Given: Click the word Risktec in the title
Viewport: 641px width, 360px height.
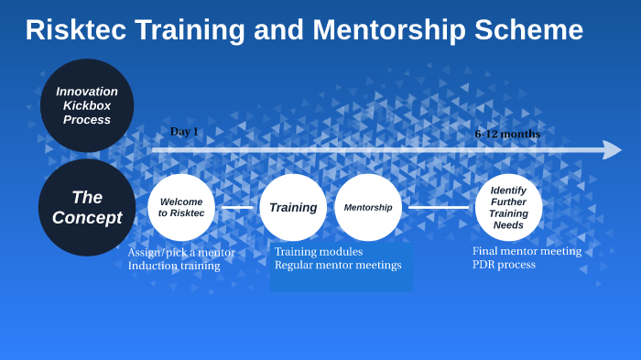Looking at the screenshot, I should coord(76,30).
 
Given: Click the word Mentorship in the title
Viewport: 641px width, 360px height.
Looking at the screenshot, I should coord(387,30).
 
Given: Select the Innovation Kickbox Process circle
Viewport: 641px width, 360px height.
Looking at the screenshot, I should coord(87,105).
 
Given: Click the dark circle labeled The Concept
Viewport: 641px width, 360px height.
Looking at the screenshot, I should coord(87,207).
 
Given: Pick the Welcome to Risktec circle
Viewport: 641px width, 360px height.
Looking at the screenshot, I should coord(181,207).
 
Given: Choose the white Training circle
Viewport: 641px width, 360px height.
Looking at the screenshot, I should coord(293,207).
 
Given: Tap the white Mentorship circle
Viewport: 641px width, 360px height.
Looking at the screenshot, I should coord(368,207).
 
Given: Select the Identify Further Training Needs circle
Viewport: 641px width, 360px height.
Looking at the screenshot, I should coord(508,207).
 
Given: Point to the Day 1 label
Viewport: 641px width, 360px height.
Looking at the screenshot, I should coord(184,132).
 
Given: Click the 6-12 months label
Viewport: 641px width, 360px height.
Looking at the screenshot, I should coord(507,134).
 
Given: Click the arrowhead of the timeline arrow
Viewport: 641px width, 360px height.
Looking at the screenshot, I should coord(612,149).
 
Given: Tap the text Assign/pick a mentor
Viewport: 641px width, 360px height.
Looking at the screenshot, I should coord(181,253).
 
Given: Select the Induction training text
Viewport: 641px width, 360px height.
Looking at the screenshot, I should coord(174,266).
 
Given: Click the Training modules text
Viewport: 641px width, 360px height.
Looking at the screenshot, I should coord(319,252).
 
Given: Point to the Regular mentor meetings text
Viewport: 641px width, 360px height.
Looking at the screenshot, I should coord(338,266).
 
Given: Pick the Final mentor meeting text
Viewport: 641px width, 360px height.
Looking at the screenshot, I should coord(527,251).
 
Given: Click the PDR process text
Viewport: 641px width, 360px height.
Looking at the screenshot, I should coord(504,265).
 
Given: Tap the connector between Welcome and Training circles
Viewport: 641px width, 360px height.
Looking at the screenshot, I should coord(237,207).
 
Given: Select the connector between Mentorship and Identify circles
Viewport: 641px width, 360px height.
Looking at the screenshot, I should coord(438,207).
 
